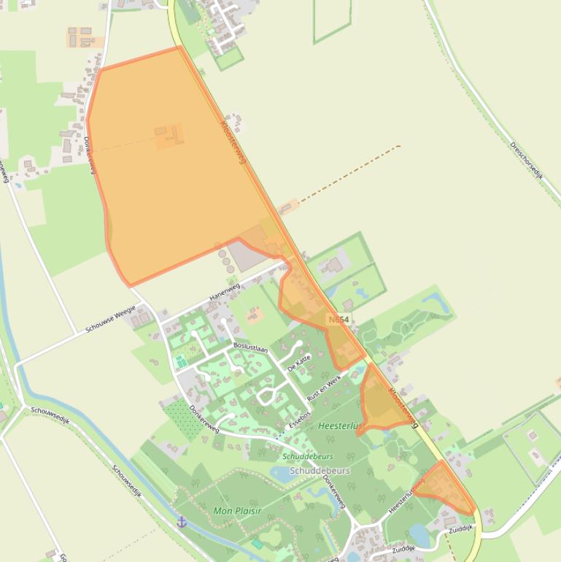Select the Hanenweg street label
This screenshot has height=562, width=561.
[x=224, y=292]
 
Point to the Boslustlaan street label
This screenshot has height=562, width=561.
[x=250, y=348]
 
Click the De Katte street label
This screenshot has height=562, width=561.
[x=299, y=363]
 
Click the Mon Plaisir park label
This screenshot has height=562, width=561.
[x=237, y=511]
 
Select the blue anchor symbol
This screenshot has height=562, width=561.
[x=182, y=521]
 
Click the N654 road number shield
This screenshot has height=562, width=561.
[x=339, y=320]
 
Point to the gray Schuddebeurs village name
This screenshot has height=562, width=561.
[x=320, y=471]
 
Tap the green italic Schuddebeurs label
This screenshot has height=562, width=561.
[x=307, y=457]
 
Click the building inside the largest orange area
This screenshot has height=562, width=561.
[x=169, y=135]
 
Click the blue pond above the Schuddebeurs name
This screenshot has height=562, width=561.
[x=282, y=473]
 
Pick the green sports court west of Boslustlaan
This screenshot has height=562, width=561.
[x=180, y=361]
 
